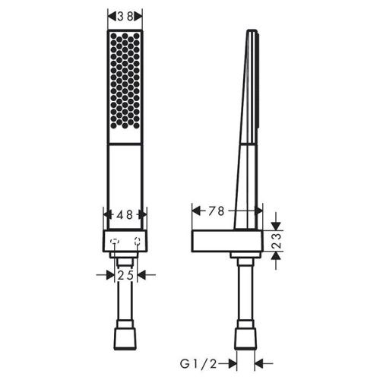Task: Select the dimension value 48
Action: tap(125, 215)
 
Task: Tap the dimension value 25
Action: tap(125, 275)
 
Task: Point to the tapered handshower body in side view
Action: tap(248, 129)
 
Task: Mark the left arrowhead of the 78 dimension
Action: tap(192, 210)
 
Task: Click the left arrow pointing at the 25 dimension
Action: tap(109, 275)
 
